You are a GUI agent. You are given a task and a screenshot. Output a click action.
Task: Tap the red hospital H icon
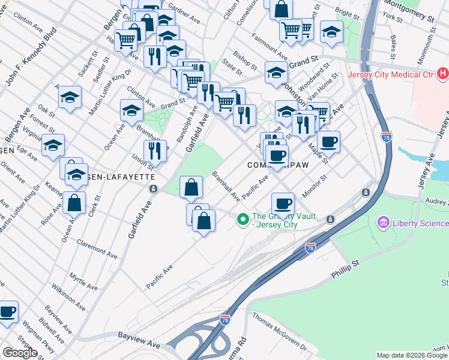[x=442, y=75]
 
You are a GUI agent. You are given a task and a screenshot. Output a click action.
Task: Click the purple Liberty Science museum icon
[x=382, y=223]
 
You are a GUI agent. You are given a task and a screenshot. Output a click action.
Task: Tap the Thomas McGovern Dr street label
[x=279, y=331]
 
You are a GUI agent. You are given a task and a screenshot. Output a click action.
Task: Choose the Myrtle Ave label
[x=83, y=280]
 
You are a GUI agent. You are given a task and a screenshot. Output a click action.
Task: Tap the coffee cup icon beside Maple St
[x=328, y=143]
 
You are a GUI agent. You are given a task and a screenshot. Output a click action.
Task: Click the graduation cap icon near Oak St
[x=70, y=98]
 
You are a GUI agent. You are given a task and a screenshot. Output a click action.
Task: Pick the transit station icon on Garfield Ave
[x=154, y=189]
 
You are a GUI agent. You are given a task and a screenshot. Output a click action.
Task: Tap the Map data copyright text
[x=412, y=355]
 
